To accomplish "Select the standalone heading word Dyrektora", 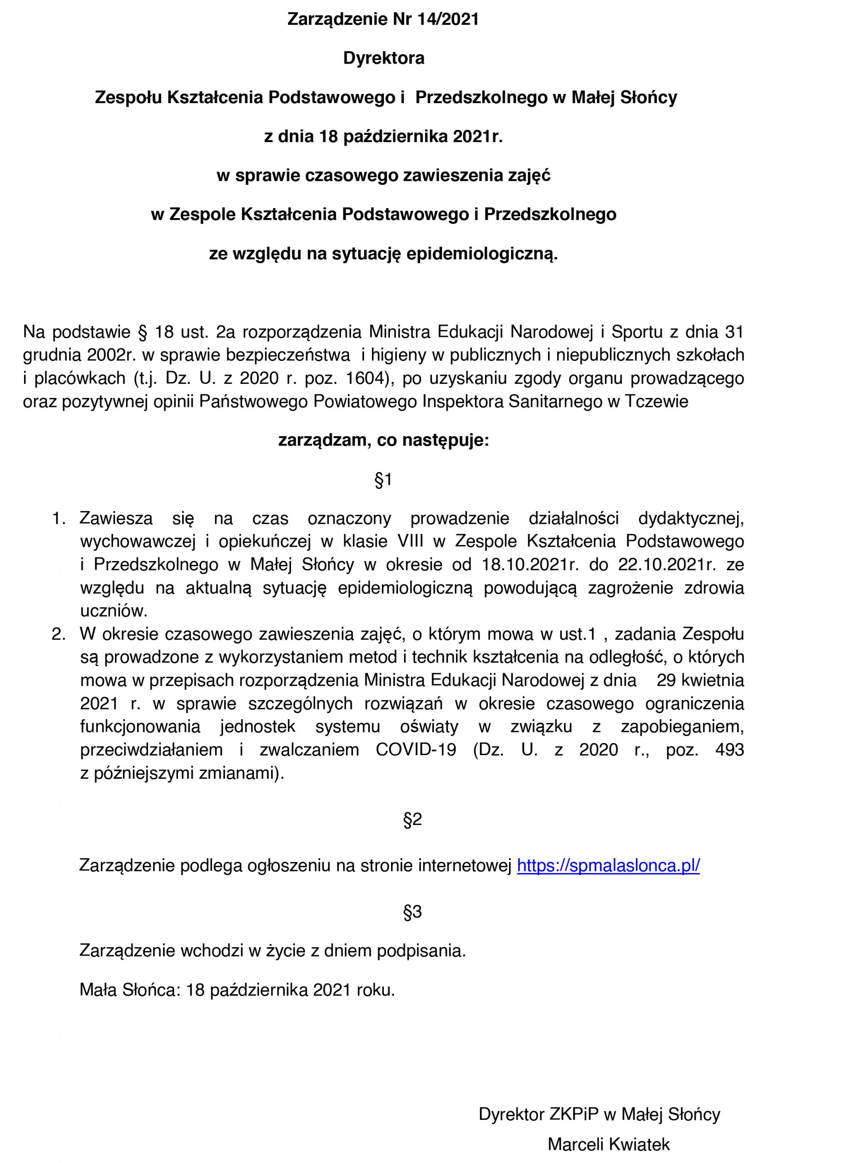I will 384,58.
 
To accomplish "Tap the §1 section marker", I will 383,480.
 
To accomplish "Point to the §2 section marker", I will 412,820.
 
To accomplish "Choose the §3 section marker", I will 412,912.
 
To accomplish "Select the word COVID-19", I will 416,750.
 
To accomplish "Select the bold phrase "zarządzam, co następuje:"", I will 384,441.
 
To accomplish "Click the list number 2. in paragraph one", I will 59,634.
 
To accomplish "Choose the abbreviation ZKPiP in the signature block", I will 572,1114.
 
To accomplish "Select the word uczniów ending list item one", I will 114,611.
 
